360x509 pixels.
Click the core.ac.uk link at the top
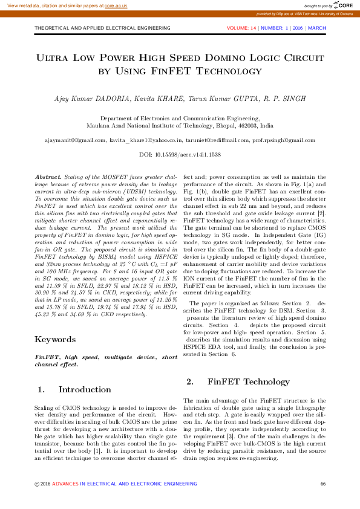(116, 5)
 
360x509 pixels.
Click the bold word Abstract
(49, 173)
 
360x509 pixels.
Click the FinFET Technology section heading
(240, 381)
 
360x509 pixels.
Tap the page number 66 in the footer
(322, 483)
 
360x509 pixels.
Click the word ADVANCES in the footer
(65, 483)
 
